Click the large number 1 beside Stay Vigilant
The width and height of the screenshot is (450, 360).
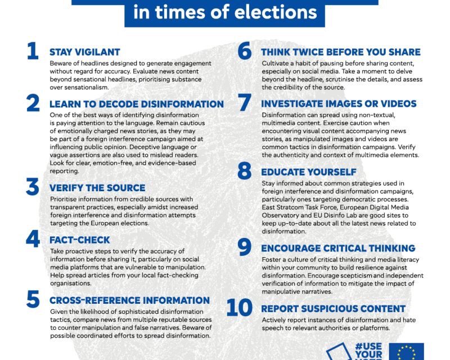(x=33, y=51)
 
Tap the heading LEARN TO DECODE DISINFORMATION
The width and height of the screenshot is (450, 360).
(x=137, y=104)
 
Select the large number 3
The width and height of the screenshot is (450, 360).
(x=33, y=187)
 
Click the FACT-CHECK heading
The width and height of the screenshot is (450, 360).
(x=80, y=240)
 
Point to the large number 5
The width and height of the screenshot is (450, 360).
(x=33, y=299)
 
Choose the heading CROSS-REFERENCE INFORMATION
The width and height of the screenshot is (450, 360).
(x=129, y=300)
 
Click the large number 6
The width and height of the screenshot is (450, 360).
(x=244, y=51)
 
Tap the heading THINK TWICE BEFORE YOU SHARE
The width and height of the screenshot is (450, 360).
(x=340, y=52)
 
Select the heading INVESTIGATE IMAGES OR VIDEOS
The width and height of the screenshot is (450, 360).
(x=339, y=104)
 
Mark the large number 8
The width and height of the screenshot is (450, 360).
(x=244, y=171)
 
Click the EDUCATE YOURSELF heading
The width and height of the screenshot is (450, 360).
(x=309, y=172)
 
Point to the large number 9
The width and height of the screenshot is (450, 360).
(x=244, y=247)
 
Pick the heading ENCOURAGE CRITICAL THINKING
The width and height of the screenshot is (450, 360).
(x=338, y=248)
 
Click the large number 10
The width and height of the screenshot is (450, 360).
(x=240, y=308)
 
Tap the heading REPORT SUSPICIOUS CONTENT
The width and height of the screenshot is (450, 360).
(x=333, y=309)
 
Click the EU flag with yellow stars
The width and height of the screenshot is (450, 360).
(x=406, y=352)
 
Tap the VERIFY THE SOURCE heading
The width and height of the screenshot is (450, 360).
(x=97, y=188)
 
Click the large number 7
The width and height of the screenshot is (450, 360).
(x=244, y=103)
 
